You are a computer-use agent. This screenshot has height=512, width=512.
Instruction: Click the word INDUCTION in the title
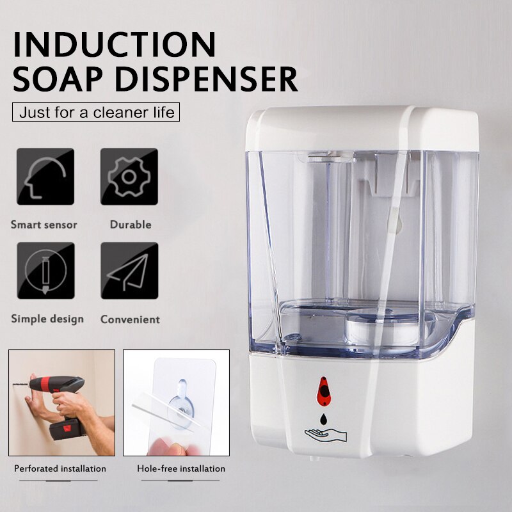116,44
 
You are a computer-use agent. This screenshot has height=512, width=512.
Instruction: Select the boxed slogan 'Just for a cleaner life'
97,113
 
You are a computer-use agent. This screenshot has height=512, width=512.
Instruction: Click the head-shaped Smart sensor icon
45,176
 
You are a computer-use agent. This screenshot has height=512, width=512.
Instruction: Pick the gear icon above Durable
129,176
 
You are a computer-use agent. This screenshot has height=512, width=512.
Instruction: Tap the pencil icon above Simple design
45,270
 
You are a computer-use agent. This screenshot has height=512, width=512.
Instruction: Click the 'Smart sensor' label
44,225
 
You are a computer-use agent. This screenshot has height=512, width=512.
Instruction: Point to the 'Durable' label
131,225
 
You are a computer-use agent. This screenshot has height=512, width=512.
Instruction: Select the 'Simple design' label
47,319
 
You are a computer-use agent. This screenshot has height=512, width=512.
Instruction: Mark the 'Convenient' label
130,319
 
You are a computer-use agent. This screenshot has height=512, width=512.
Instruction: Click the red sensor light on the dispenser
325,390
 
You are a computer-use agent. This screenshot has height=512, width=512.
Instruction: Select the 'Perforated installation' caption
60,468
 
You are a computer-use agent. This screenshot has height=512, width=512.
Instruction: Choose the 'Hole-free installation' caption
181,468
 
